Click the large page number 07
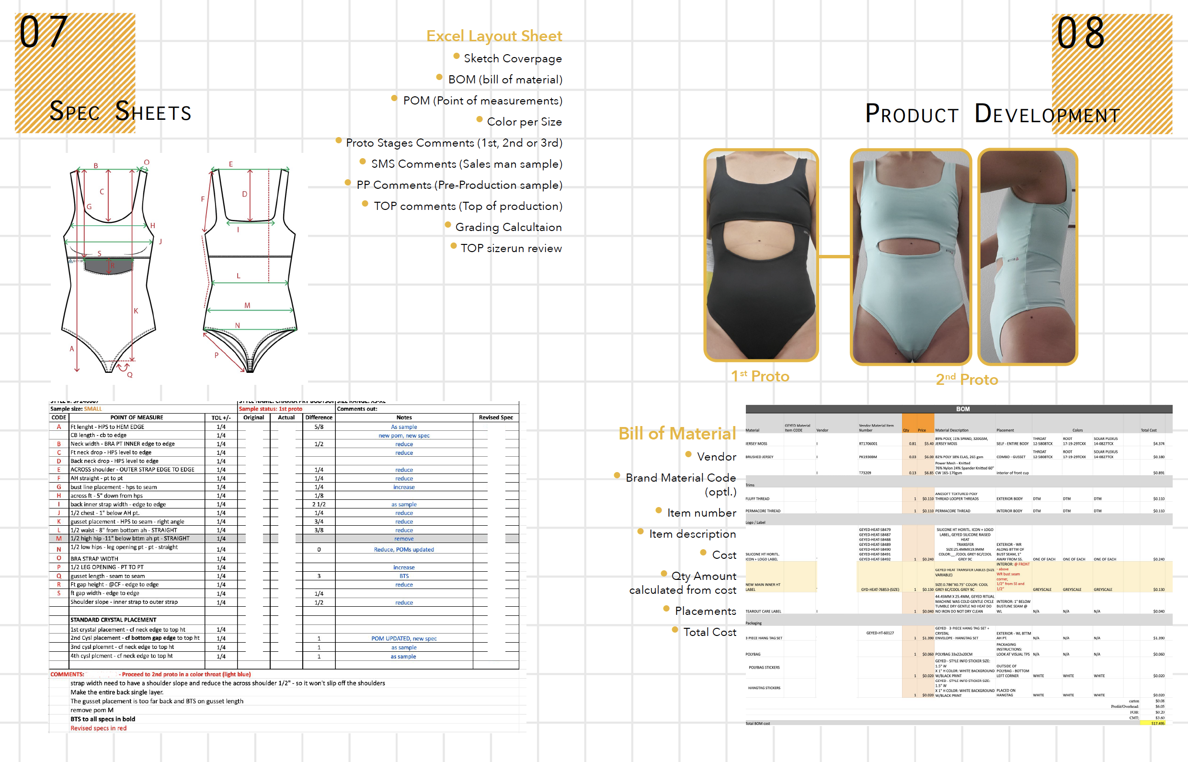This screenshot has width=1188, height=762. click(43, 32)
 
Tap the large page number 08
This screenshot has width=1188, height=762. click(1080, 33)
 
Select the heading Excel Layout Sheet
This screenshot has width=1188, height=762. click(493, 36)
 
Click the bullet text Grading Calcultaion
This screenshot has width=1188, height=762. click(508, 227)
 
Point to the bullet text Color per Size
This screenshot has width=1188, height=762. click(524, 122)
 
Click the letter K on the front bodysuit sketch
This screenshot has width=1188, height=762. click(136, 311)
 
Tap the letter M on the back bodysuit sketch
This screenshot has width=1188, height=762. click(247, 305)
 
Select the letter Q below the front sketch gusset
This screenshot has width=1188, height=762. click(130, 375)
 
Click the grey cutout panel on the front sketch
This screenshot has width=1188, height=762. click(108, 266)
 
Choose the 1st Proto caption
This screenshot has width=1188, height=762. click(760, 376)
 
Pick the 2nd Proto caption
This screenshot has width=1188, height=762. click(966, 380)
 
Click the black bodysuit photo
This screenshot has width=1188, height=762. click(761, 255)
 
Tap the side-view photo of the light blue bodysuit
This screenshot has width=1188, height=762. click(1028, 256)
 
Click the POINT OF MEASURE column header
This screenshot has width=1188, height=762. click(137, 417)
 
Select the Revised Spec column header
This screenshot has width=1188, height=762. click(496, 417)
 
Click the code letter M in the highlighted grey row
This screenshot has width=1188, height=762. click(59, 538)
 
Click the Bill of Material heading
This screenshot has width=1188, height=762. click(676, 433)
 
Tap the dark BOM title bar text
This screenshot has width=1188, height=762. click(962, 409)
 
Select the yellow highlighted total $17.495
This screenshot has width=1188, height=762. click(1157, 723)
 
